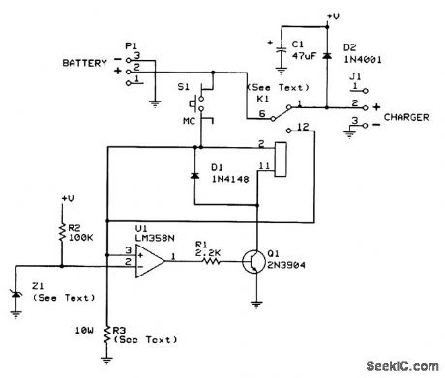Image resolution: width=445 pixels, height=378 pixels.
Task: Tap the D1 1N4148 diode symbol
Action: coord(193,176)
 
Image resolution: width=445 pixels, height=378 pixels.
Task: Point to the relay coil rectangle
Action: coord(282,158)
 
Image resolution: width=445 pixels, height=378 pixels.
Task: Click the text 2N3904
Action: coord(286,267)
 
